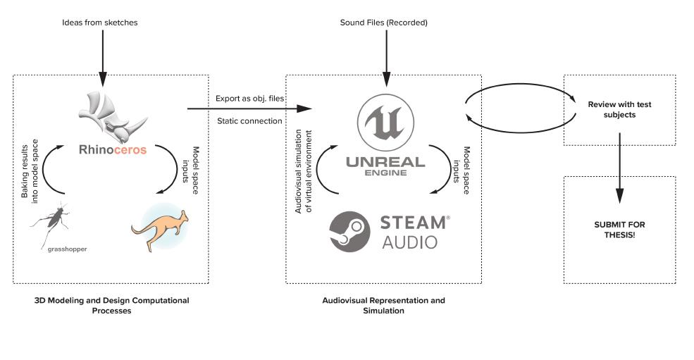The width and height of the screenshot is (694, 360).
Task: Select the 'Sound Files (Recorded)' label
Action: coord(384,23)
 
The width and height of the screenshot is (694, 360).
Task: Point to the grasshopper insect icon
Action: coord(49,222)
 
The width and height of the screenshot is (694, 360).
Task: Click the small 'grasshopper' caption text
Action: coord(68,249)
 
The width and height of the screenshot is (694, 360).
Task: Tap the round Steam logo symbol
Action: coord(350,231)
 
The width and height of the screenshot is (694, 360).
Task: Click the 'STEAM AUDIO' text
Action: coord(414,232)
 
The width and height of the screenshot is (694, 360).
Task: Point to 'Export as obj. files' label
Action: coord(249,99)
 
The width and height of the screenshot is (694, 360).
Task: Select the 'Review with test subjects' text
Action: coord(619,109)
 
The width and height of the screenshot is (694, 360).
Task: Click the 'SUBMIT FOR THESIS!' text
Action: coord(619,229)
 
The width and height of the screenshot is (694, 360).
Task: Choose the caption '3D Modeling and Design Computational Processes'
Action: coord(111,305)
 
